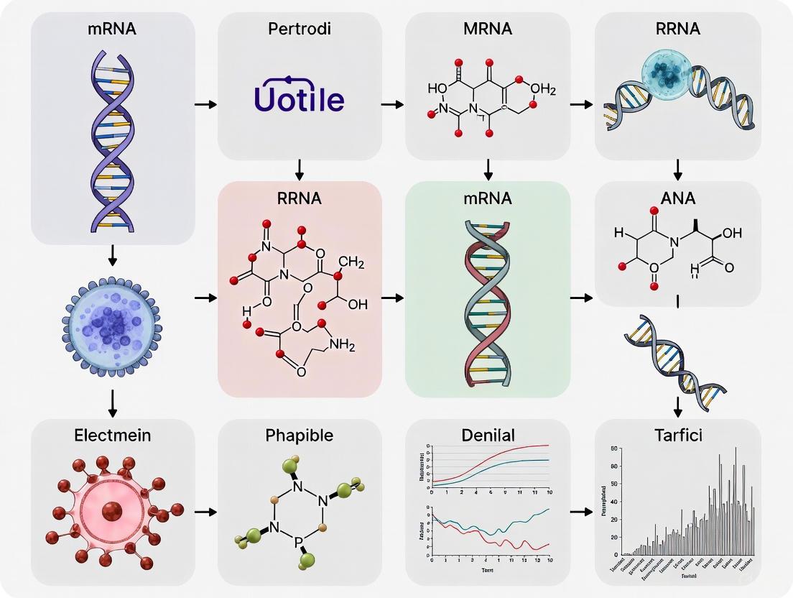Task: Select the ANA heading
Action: pyautogui.click(x=677, y=198)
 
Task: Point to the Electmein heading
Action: pyautogui.click(x=113, y=435)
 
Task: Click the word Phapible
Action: pyautogui.click(x=300, y=435)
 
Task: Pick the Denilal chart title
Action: pyautogui.click(x=488, y=435)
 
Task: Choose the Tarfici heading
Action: pyautogui.click(x=677, y=435)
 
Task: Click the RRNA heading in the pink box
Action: pyautogui.click(x=300, y=198)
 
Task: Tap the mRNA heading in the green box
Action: pyautogui.click(x=488, y=198)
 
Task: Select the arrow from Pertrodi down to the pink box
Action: pyautogui.click(x=300, y=170)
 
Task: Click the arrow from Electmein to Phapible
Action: pyautogui.click(x=206, y=512)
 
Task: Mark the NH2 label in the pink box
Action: pyautogui.click(x=341, y=346)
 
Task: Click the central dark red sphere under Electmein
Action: pyautogui.click(x=111, y=512)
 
